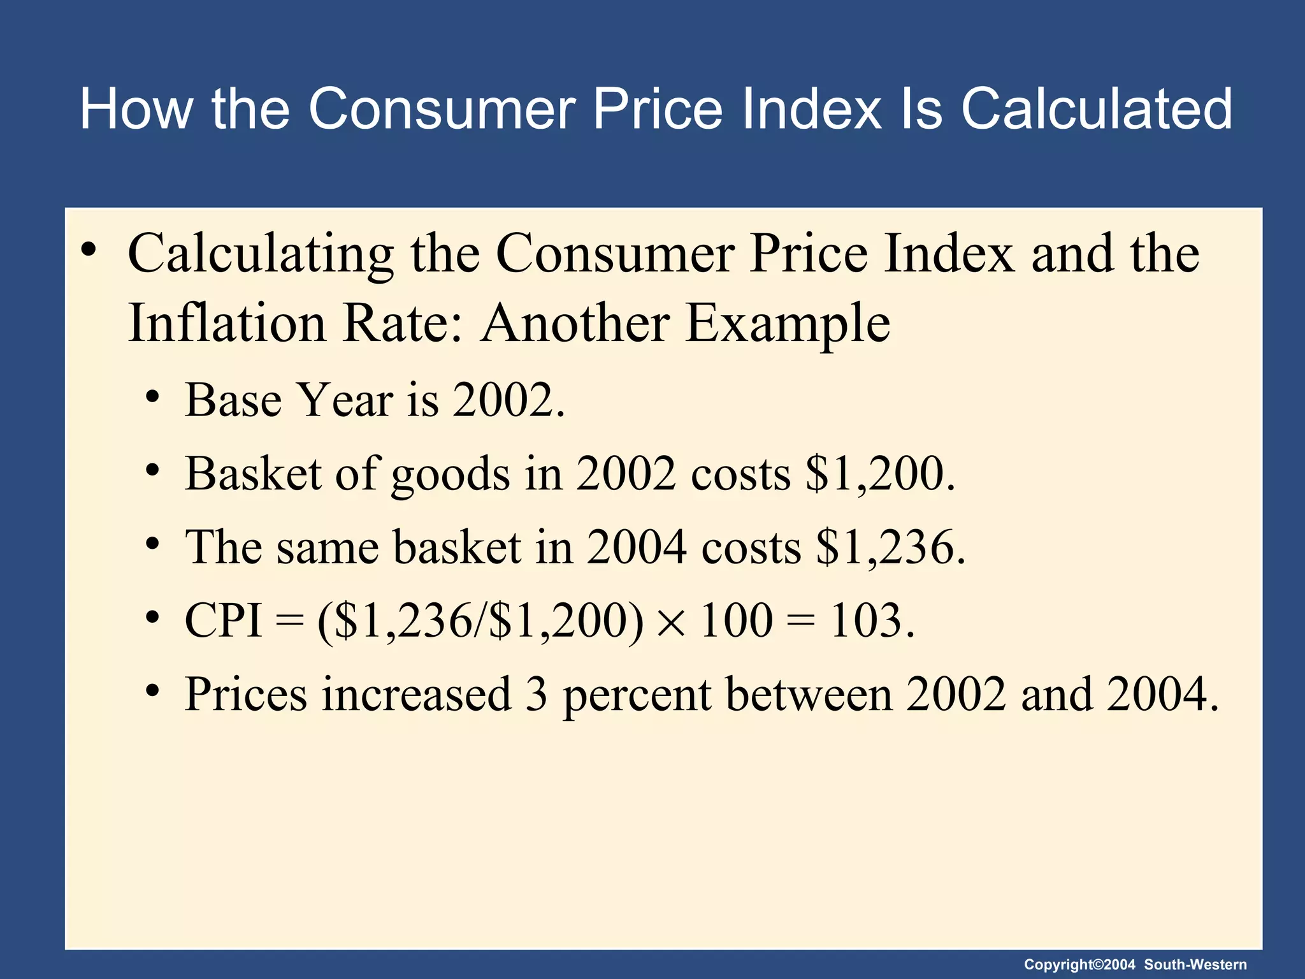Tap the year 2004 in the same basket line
click(x=636, y=547)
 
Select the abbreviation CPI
click(x=223, y=620)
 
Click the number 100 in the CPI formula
click(x=737, y=620)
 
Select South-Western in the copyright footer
click(x=1195, y=965)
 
